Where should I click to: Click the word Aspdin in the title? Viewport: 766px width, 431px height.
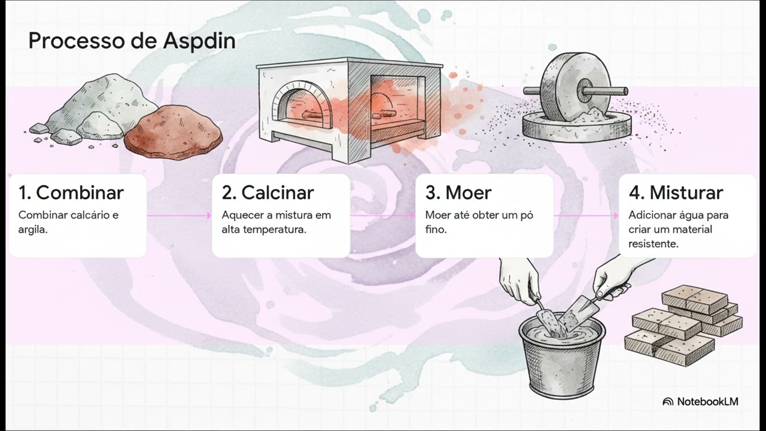tap(199, 42)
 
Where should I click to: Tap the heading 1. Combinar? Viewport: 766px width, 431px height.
tap(71, 193)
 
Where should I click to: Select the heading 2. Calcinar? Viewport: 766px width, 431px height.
tap(268, 193)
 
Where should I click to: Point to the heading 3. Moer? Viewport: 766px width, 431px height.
tap(458, 193)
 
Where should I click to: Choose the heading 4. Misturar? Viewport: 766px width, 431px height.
tap(676, 193)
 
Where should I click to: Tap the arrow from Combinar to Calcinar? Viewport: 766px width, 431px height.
tap(179, 215)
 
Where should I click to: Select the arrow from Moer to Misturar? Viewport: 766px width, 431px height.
tap(586, 215)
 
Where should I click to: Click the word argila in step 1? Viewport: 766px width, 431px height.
tap(33, 230)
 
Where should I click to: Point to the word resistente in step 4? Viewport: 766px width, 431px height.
tap(653, 244)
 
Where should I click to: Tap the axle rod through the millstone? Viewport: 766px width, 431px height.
tap(576, 91)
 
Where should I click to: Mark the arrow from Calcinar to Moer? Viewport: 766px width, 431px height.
tap(382, 215)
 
